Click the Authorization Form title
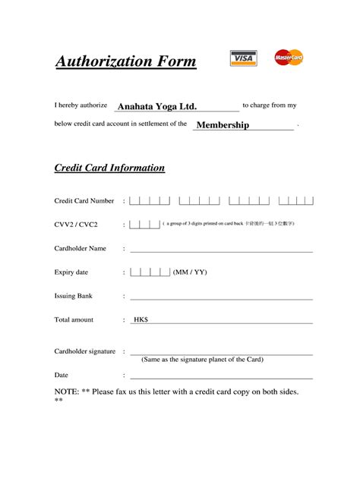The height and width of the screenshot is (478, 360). click(x=125, y=61)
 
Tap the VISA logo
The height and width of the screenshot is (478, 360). click(x=243, y=58)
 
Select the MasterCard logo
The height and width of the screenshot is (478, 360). click(x=289, y=57)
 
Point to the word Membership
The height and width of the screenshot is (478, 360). click(x=223, y=125)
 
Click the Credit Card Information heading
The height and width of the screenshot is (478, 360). click(x=109, y=168)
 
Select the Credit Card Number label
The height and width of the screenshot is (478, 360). click(x=84, y=201)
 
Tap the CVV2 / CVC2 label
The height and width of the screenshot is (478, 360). click(x=76, y=225)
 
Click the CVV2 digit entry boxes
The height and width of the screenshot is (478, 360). click(x=144, y=225)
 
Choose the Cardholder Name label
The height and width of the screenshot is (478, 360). click(x=80, y=248)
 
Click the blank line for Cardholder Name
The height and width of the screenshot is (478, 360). click(x=221, y=250)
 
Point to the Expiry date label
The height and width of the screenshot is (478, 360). click(x=71, y=272)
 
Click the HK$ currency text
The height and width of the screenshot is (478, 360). click(x=141, y=320)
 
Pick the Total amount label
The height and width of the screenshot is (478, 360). click(x=74, y=320)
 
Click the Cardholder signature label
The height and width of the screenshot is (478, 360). click(x=84, y=351)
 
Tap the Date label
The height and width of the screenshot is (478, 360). click(x=62, y=375)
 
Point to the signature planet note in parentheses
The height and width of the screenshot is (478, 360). click(x=202, y=360)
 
